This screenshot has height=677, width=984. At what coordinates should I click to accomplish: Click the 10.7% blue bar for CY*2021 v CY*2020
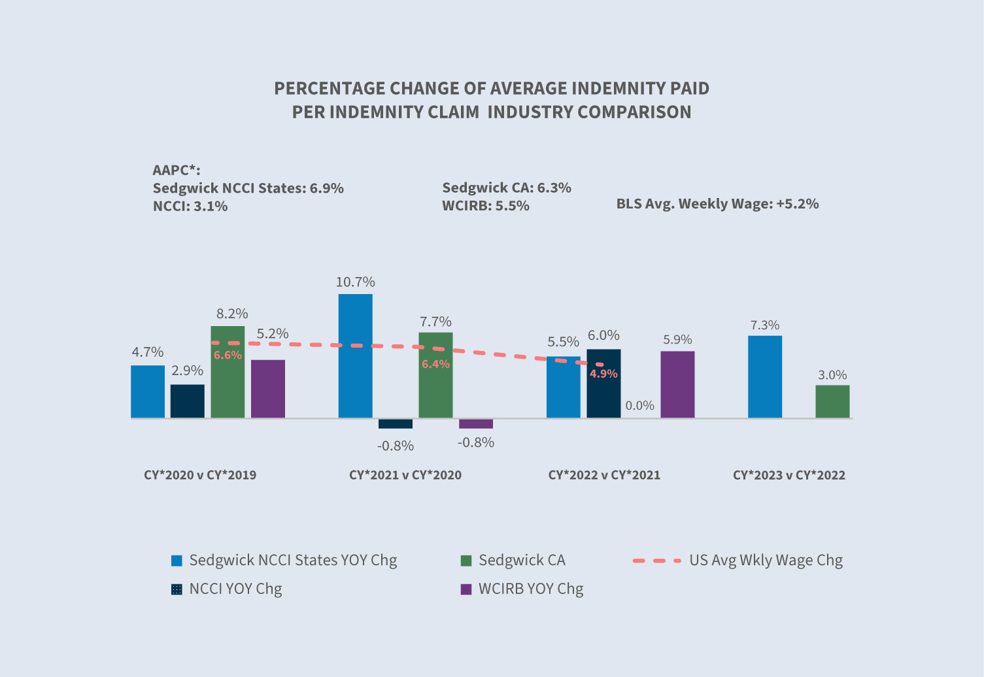pyautogui.click(x=355, y=355)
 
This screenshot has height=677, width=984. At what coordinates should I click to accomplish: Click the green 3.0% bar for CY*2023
pyautogui.click(x=832, y=401)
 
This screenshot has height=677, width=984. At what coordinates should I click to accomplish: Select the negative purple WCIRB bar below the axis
pyautogui.click(x=476, y=424)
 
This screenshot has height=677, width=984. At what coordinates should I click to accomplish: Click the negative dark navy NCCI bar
pyautogui.click(x=396, y=424)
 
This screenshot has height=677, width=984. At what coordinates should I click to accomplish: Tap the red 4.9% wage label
pyautogui.click(x=603, y=374)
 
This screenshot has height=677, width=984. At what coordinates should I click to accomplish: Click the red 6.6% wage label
pyautogui.click(x=228, y=355)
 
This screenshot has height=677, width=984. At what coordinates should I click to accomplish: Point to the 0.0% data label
pyautogui.click(x=639, y=406)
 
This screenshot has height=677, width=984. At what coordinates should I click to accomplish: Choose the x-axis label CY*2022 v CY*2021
pyautogui.click(x=604, y=475)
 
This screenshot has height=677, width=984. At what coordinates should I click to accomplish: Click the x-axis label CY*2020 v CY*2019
pyautogui.click(x=200, y=475)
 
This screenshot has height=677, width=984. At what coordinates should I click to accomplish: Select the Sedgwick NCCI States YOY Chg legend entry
pyautogui.click(x=292, y=560)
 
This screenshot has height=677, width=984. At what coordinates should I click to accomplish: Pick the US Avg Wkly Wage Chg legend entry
pyautogui.click(x=765, y=560)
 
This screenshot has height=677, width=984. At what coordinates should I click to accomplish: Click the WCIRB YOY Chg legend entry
pyautogui.click(x=530, y=589)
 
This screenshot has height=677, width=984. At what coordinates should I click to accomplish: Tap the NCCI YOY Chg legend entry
pyautogui.click(x=235, y=589)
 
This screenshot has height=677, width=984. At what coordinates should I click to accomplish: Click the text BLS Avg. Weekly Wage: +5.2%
pyautogui.click(x=717, y=204)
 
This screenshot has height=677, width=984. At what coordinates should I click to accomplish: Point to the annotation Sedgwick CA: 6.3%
pyautogui.click(x=507, y=188)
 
